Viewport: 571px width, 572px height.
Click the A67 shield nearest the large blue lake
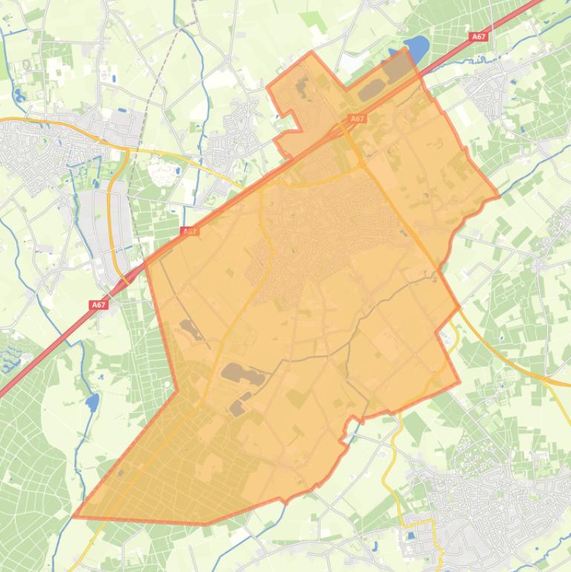coord(479,35)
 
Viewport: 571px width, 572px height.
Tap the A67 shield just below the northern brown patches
coord(357,118)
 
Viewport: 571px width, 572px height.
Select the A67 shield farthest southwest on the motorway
coord(99,305)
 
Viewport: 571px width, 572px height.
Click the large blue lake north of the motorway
coord(417,49)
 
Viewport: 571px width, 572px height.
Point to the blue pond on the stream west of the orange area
coord(91,403)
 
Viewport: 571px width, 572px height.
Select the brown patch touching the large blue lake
coord(397,67)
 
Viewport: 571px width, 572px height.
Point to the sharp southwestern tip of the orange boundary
coord(74,516)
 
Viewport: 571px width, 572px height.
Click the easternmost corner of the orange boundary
coord(498,198)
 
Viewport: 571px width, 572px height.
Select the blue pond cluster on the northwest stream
coord(18,96)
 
